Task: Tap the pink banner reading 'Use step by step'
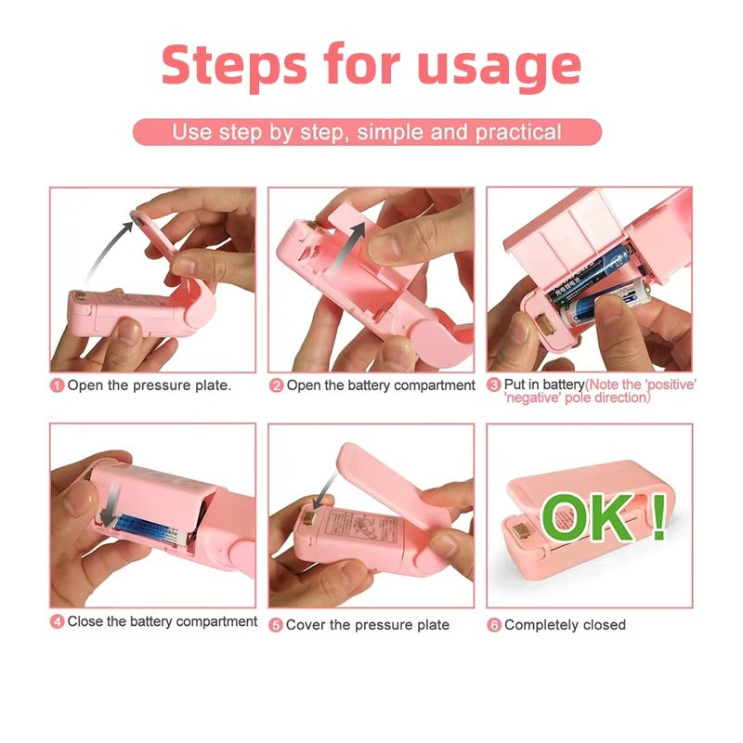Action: pos(367,132)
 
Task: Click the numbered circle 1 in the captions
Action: pos(58,385)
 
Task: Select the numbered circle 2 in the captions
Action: pos(276,385)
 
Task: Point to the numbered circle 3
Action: pos(494,385)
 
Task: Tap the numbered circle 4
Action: pos(58,622)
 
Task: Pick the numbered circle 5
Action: pos(276,625)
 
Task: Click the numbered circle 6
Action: pos(494,625)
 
